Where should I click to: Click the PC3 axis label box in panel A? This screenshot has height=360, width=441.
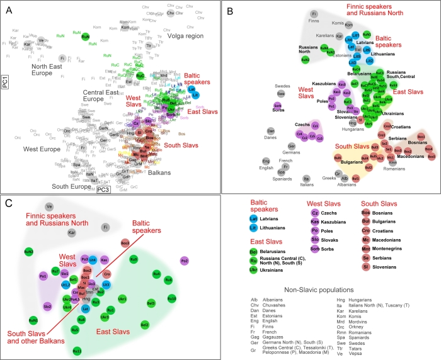pos(104,188)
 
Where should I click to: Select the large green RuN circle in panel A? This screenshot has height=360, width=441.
pos(85,38)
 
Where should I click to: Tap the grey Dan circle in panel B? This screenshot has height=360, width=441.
pos(268,131)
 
